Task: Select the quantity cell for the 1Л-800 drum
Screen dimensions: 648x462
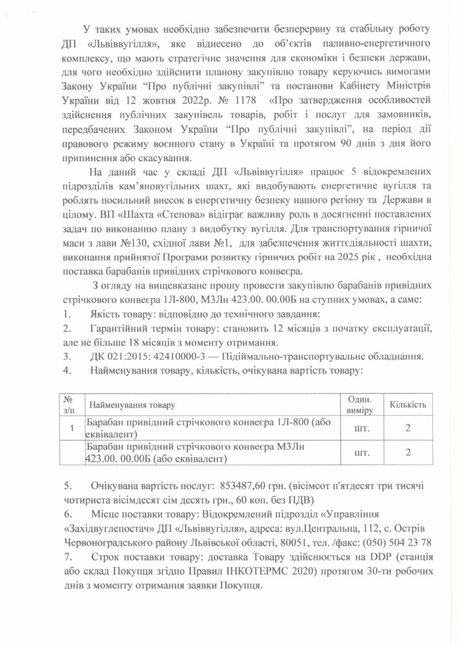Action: point(408,428)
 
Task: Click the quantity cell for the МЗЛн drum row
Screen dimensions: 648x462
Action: point(408,452)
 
